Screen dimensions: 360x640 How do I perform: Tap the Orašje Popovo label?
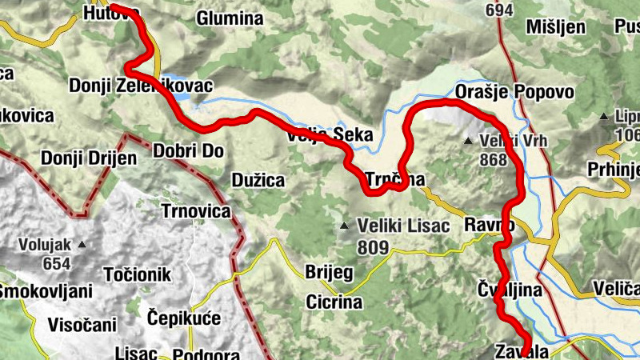pyautogui.click(x=514, y=92)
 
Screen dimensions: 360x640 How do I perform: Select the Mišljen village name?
pyautogui.click(x=557, y=28)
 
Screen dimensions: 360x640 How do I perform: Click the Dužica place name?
pyautogui.click(x=258, y=180)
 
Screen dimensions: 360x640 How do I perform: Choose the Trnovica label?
pyautogui.click(x=196, y=211)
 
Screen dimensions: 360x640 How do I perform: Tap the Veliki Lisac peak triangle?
pyautogui.click(x=344, y=226)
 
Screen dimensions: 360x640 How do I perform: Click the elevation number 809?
pyautogui.click(x=374, y=247)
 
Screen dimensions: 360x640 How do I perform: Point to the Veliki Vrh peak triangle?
pyautogui.click(x=469, y=142)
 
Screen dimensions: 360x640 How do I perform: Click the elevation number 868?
pyautogui.click(x=494, y=159)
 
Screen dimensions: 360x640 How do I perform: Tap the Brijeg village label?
pyautogui.click(x=329, y=272)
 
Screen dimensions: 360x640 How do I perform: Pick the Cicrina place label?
pyautogui.click(x=334, y=302)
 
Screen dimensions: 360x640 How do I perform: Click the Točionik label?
pyautogui.click(x=138, y=275)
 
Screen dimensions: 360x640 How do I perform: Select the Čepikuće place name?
pyautogui.click(x=184, y=318)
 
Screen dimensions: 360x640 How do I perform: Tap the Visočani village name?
pyautogui.click(x=82, y=325)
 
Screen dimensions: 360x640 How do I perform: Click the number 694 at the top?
pyautogui.click(x=499, y=10)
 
